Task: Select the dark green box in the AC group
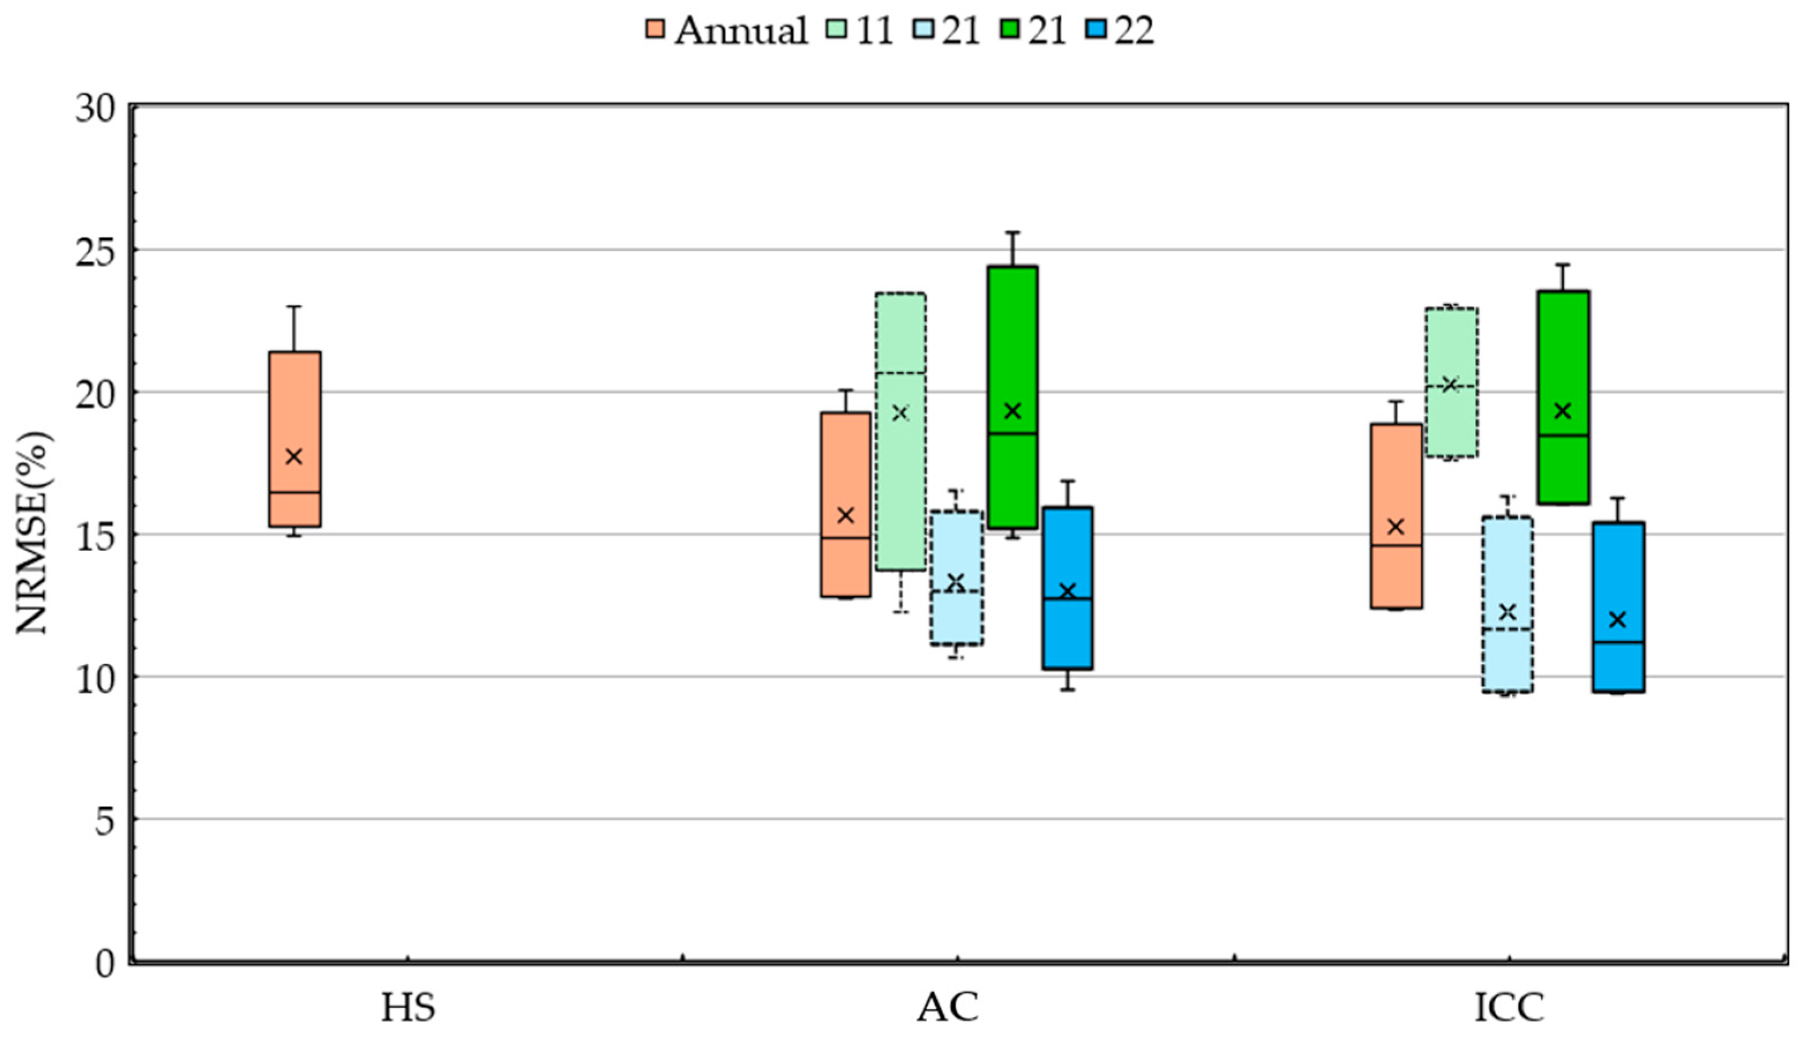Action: [1012, 342]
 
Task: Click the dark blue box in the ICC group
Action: [1618, 570]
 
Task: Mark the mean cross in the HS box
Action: [294, 457]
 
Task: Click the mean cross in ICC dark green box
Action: [1563, 411]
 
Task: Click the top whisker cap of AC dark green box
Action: [1012, 232]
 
